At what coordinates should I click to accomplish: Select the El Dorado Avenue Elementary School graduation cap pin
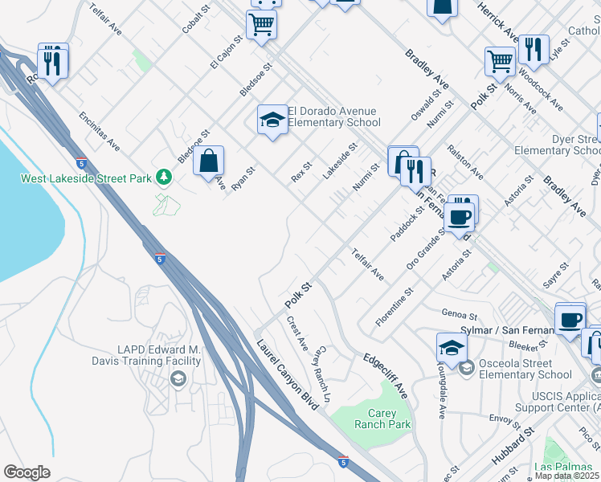(x=272, y=120)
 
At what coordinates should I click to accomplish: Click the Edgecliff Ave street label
(x=385, y=374)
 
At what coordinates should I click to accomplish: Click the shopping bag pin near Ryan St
(x=208, y=160)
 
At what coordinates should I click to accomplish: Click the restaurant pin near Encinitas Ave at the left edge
(x=52, y=62)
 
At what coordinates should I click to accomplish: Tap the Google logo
(x=27, y=472)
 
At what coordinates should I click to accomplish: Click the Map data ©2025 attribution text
(x=567, y=476)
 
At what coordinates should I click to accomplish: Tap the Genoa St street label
(x=458, y=313)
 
